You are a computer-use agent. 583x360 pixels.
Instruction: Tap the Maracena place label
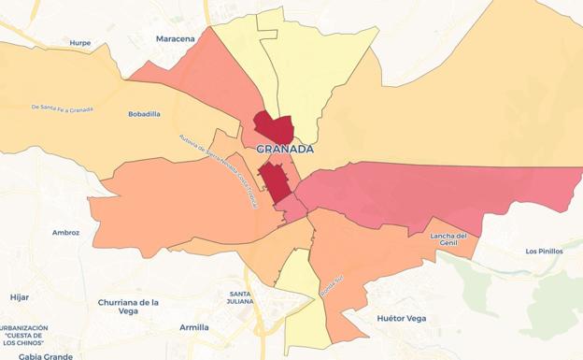pos(175,38)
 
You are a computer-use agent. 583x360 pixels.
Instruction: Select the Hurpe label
pos(80,43)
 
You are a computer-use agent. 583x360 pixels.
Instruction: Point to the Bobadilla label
pos(144,114)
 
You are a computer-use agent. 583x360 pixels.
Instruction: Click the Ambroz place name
pos(65,232)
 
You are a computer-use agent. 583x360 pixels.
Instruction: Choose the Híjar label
pos(20,296)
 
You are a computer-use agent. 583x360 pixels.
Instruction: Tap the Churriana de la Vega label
pos(128,307)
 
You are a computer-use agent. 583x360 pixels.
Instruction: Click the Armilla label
pos(194,327)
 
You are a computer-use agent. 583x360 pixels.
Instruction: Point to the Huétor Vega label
pos(401,318)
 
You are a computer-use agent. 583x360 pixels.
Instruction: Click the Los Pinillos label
pos(544,251)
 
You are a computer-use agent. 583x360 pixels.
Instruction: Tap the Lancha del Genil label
pos(448,240)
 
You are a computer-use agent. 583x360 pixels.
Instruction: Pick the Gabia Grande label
pos(45,356)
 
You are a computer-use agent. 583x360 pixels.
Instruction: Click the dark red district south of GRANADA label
pos(274,180)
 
